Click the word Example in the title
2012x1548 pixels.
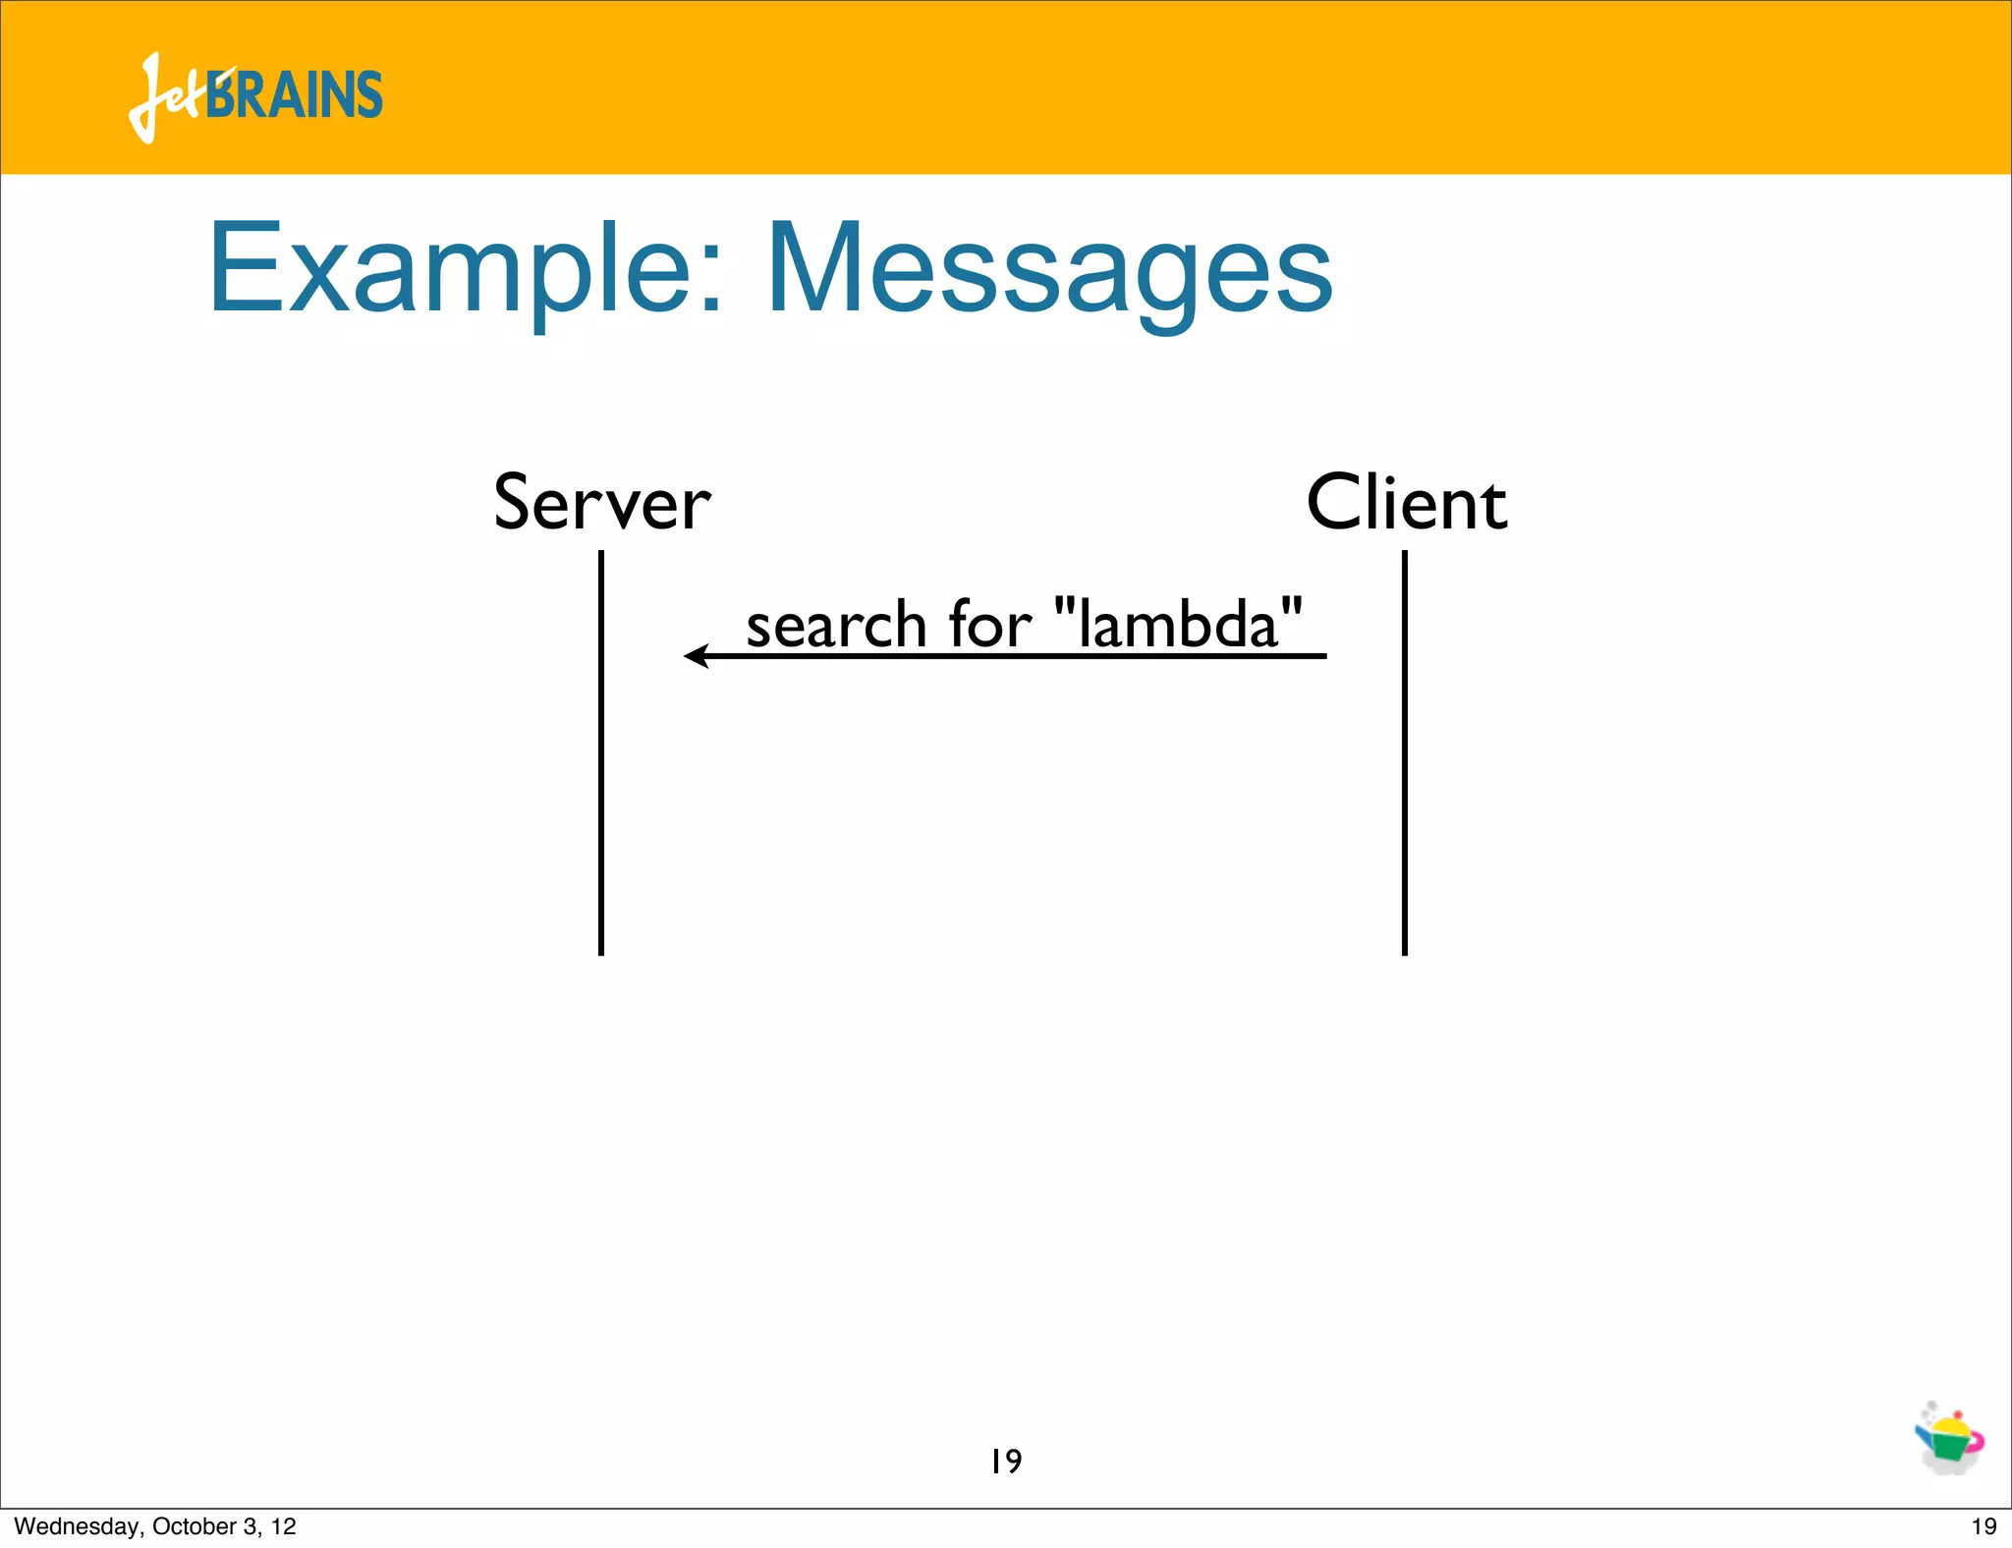[452, 270]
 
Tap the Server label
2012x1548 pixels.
[601, 504]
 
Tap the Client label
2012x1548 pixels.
[1406, 504]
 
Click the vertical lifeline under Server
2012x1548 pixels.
[601, 786]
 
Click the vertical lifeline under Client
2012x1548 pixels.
[1405, 786]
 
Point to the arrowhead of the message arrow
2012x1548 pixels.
[696, 656]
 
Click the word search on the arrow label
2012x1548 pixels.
[836, 626]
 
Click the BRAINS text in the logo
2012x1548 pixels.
[295, 96]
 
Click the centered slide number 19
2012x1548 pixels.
[1006, 1462]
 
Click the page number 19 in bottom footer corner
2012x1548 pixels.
[1984, 1526]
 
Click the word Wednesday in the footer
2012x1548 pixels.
[78, 1526]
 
